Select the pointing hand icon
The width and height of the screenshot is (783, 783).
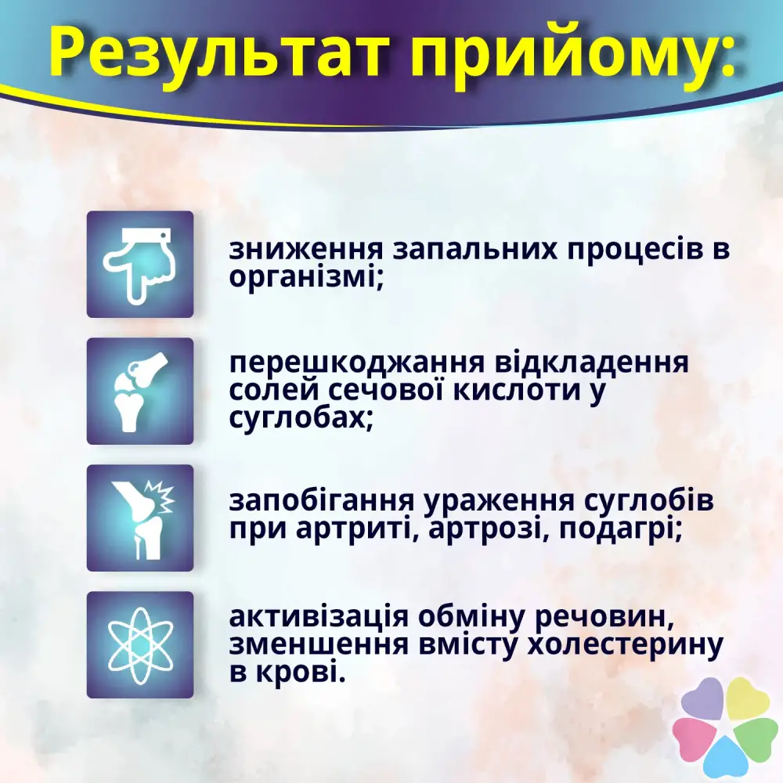[x=137, y=265]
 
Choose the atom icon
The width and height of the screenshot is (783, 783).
[x=140, y=644]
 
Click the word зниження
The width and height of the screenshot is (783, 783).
[x=306, y=250]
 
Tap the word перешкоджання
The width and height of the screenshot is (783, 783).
[x=357, y=363]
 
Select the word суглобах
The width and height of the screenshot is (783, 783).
[x=301, y=418]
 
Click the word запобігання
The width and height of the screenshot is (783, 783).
[x=322, y=502]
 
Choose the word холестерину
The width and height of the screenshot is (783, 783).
[x=625, y=646]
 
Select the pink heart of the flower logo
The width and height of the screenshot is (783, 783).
[x=695, y=738]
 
